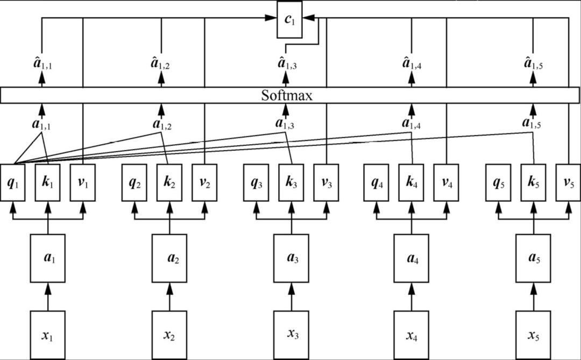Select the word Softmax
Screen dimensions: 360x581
point(287,96)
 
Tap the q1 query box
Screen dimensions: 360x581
point(13,182)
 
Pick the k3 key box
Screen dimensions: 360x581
point(291,182)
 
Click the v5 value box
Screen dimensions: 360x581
point(568,182)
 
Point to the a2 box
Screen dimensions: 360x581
point(169,258)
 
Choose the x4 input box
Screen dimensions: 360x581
point(412,335)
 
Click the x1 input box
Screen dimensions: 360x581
point(47,335)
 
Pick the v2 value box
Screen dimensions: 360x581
point(204,182)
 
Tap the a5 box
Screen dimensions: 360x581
point(533,258)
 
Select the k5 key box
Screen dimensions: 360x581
point(533,182)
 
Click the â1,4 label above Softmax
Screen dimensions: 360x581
point(412,63)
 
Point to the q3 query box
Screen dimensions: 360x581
point(256,182)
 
